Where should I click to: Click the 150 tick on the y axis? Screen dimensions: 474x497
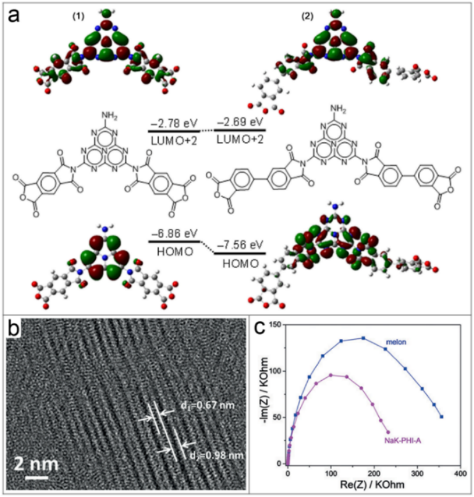(274, 325)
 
